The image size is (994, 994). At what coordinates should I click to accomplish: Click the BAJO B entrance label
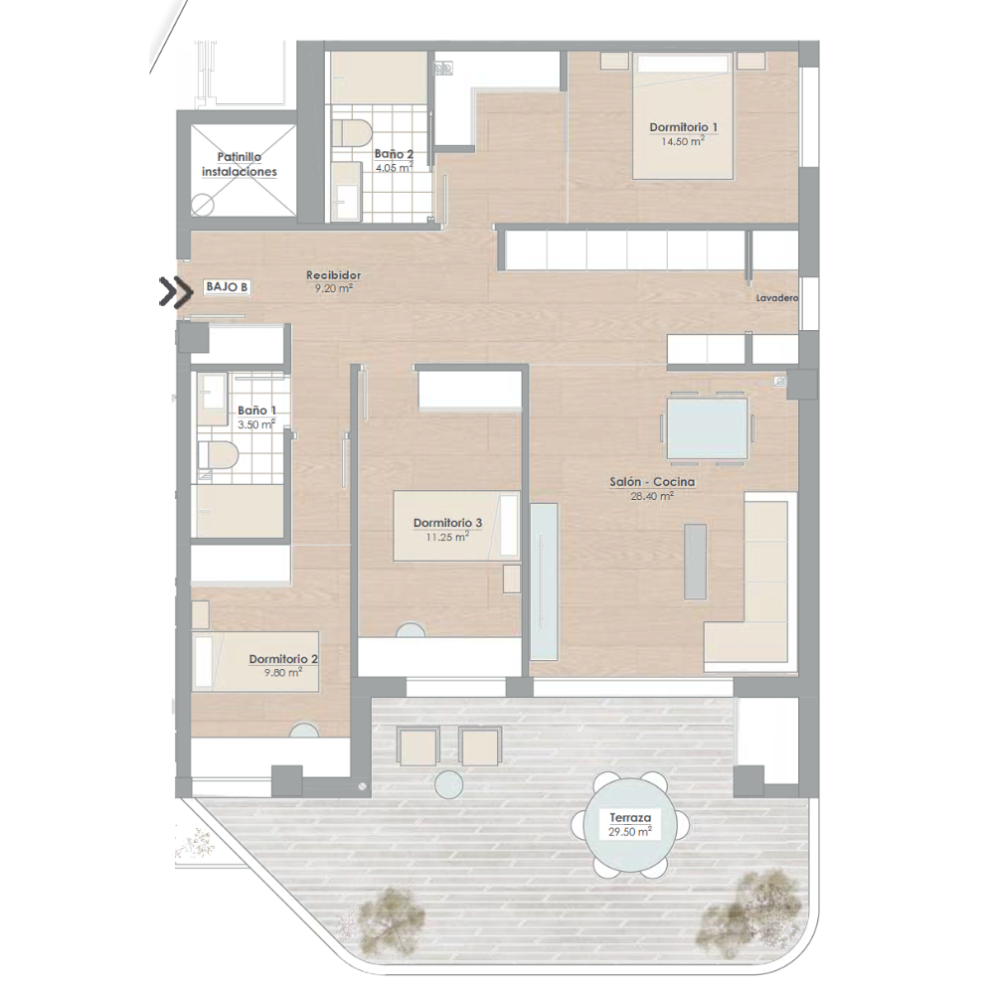pos(227,287)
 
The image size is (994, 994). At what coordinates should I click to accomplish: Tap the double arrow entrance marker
pos(176,292)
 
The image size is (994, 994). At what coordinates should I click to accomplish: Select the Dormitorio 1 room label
pos(684,127)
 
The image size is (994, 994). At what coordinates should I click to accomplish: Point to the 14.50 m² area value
pos(682,141)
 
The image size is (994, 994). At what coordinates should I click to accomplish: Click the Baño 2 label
pos(394,154)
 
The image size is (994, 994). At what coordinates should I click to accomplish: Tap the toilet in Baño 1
pos(218,454)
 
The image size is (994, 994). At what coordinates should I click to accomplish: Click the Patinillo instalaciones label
pos(240,164)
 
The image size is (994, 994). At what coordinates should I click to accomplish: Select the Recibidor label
pos(333,275)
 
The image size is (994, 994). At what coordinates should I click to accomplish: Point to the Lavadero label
pos(777,298)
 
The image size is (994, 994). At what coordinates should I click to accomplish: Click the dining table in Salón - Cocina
pos(707,427)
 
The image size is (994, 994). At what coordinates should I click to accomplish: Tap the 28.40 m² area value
pos(652,496)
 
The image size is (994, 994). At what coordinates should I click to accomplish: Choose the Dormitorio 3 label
pos(447,523)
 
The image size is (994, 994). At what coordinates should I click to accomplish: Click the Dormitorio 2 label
pos(283,659)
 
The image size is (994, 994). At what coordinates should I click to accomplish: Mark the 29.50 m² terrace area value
pos(629,832)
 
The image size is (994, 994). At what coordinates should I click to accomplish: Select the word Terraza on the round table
pos(630,818)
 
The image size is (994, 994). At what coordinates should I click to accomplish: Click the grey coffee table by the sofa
pos(696,561)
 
